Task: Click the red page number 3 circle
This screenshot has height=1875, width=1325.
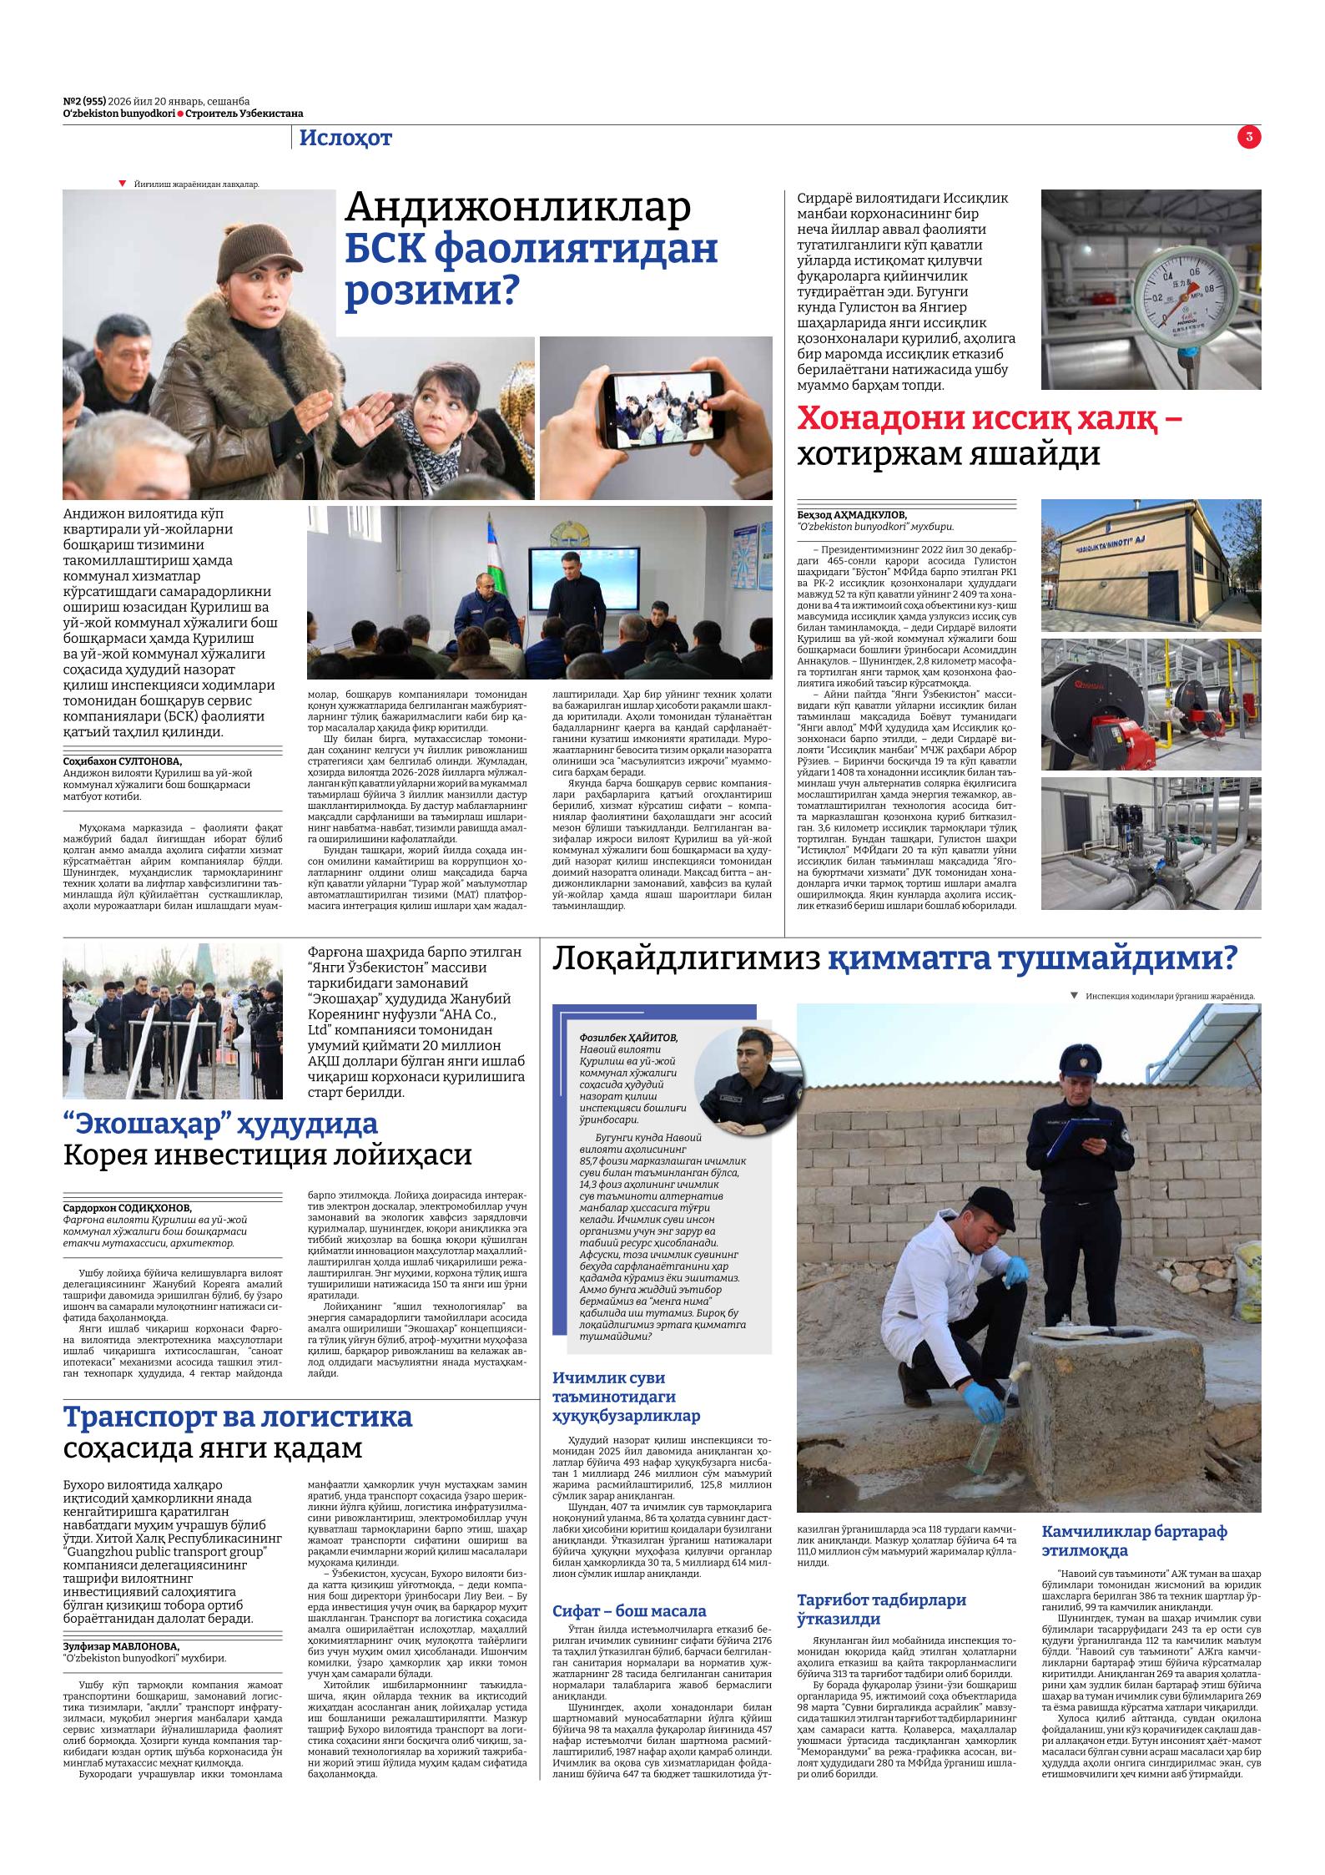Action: (x=1249, y=138)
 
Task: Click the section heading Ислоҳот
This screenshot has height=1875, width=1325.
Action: (x=345, y=139)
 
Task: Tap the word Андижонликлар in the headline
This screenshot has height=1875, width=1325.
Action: (x=518, y=208)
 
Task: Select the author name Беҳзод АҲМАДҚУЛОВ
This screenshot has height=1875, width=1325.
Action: (x=852, y=514)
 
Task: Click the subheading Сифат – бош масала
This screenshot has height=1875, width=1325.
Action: (x=629, y=1611)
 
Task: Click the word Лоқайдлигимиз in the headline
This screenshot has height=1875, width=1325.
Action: (x=685, y=959)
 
